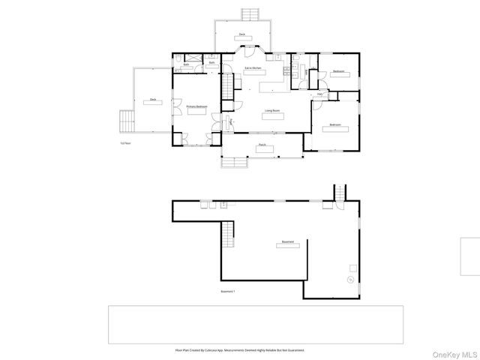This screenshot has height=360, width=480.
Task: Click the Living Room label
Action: (x=271, y=111)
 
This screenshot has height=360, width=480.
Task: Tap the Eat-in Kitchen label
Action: (x=252, y=68)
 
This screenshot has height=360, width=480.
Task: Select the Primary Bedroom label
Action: (x=196, y=107)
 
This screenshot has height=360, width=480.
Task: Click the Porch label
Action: (x=262, y=145)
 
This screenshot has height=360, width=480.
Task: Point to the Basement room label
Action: (x=288, y=242)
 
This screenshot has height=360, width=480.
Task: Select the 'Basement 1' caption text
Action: (x=228, y=291)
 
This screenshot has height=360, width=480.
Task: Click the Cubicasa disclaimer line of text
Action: (x=239, y=350)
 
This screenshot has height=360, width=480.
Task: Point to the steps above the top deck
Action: (x=250, y=14)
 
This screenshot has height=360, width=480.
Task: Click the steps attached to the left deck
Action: (x=125, y=119)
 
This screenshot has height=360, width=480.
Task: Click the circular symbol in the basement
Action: (x=349, y=280)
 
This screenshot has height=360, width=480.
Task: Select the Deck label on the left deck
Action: (x=152, y=99)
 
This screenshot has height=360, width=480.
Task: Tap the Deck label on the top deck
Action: (x=241, y=34)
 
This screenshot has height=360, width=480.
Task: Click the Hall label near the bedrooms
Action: (x=319, y=94)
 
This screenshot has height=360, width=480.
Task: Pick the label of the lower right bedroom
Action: (x=335, y=124)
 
